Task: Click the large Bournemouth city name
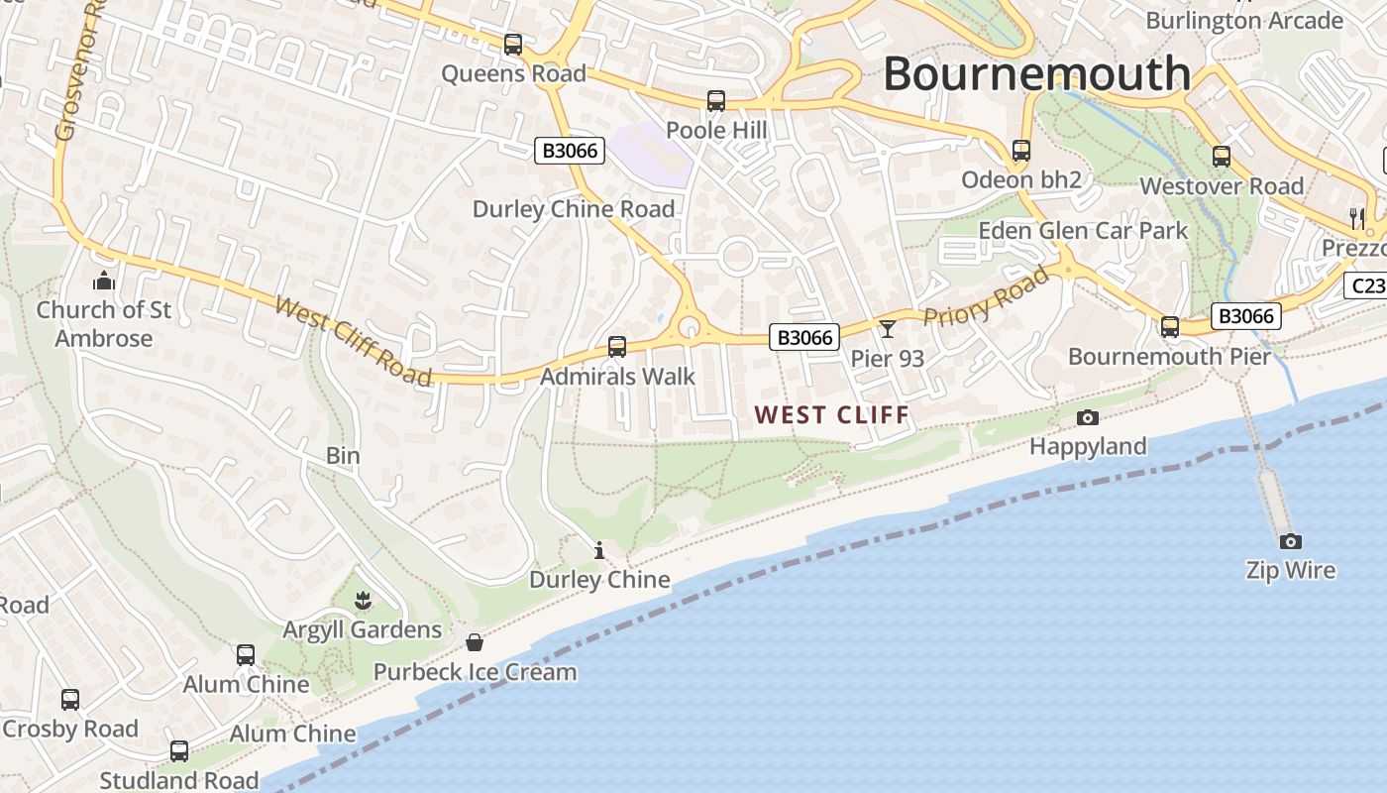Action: pyautogui.click(x=1036, y=73)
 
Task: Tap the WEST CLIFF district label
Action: pyautogui.click(x=831, y=414)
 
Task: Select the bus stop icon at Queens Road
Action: pyautogui.click(x=512, y=45)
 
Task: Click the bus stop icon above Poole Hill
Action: pyautogui.click(x=715, y=101)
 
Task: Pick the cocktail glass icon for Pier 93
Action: pyautogui.click(x=887, y=329)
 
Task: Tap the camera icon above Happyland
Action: pyautogui.click(x=1087, y=417)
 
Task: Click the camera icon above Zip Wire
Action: pyautogui.click(x=1290, y=541)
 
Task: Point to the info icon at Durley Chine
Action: pyautogui.click(x=598, y=550)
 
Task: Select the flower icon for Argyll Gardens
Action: pyautogui.click(x=363, y=600)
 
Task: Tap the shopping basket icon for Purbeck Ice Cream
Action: pyautogui.click(x=475, y=642)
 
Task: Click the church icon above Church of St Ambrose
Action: pyautogui.click(x=104, y=282)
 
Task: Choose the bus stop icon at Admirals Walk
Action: pyautogui.click(x=617, y=347)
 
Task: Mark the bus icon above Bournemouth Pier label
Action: pyautogui.click(x=1170, y=327)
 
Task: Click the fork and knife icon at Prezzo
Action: pyautogui.click(x=1357, y=218)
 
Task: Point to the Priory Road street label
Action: pyautogui.click(x=986, y=295)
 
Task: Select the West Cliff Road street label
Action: pyautogui.click(x=354, y=341)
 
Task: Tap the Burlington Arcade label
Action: pyautogui.click(x=1243, y=20)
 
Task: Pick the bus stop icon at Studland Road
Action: pyautogui.click(x=178, y=751)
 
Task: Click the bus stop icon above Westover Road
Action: pyautogui.click(x=1222, y=157)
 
